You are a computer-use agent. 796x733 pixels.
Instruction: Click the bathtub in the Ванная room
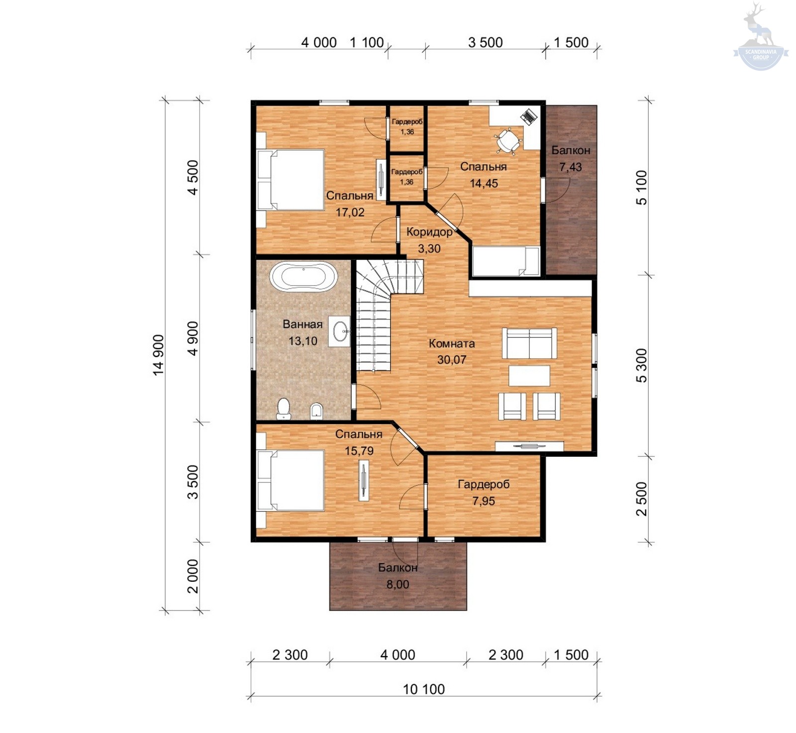pos(303,276)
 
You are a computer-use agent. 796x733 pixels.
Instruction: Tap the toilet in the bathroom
pos(284,409)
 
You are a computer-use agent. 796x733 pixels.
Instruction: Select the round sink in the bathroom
pos(341,331)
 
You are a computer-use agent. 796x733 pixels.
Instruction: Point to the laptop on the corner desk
pos(529,116)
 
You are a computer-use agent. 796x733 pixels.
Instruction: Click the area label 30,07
pos(452,360)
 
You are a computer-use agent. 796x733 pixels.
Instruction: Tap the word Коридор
pos(429,232)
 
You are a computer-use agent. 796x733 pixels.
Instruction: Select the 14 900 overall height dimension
pos(158,355)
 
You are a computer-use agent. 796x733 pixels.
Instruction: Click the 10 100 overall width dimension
pos(424,689)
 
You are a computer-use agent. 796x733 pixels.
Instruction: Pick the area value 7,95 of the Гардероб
pos(484,501)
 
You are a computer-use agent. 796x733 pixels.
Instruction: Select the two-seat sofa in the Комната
pos(529,343)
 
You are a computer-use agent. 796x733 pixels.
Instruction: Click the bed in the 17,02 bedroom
pos(290,180)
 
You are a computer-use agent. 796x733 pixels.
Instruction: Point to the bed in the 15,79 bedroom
pos(290,480)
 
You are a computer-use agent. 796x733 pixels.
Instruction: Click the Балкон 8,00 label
pos(398,576)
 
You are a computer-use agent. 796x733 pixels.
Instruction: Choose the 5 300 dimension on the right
pos(642,365)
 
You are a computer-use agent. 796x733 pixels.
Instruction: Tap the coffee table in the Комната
pos(529,376)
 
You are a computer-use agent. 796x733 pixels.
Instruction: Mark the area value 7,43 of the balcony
pos(571,167)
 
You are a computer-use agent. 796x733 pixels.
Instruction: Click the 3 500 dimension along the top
pos(486,42)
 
